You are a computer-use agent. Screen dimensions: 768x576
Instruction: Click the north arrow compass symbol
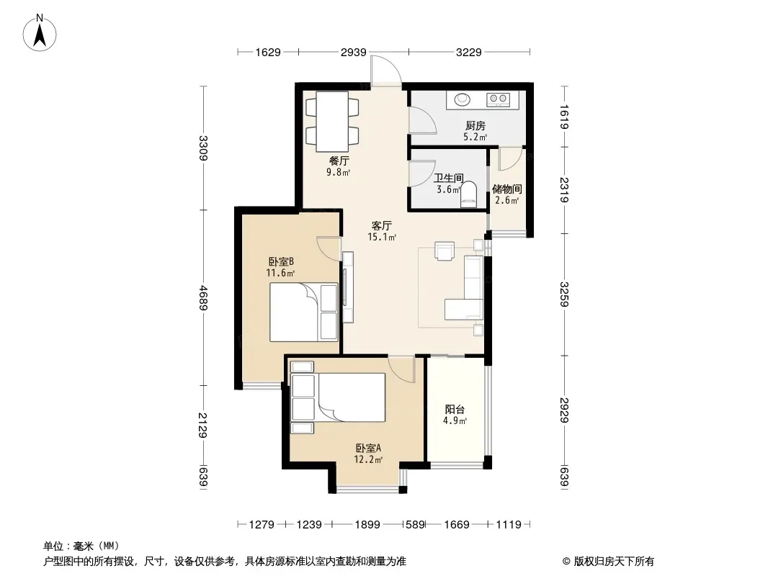40,33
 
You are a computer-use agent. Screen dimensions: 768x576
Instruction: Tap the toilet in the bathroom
468,194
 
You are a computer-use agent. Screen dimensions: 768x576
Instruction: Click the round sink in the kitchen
462,100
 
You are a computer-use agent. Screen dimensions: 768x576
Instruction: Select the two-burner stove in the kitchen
498,100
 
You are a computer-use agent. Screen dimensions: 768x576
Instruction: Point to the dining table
332,122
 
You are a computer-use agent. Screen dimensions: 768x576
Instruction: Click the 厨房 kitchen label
475,126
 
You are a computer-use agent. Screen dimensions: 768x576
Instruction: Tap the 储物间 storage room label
506,189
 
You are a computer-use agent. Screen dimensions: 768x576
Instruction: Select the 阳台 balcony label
455,409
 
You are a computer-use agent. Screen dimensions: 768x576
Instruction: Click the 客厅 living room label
381,225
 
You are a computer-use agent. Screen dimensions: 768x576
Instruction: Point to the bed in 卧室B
304,312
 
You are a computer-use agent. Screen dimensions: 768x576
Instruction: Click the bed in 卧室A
338,397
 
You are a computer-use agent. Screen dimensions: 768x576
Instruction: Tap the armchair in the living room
445,251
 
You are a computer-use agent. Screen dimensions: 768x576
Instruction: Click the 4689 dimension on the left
203,297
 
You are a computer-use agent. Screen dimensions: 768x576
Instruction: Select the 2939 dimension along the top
354,52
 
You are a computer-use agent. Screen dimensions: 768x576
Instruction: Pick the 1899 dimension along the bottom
367,525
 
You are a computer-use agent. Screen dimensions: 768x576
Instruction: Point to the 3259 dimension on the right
564,294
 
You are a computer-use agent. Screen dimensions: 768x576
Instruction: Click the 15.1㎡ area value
382,238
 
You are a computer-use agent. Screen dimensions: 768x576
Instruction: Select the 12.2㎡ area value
368,459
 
